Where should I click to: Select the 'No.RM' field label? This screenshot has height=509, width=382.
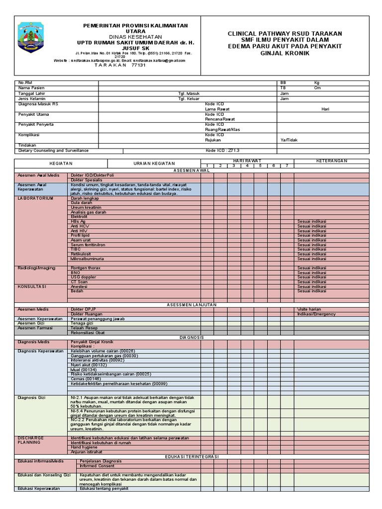pos(25,83)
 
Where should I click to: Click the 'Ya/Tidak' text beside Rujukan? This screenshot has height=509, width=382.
pos(288,140)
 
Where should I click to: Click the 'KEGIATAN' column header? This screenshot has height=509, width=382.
pos(61,164)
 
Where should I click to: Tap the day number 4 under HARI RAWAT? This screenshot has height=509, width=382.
pos(246,166)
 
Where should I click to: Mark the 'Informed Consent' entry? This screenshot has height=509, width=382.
pos(97,466)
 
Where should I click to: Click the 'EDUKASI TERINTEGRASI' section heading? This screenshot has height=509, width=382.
pos(191,456)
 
